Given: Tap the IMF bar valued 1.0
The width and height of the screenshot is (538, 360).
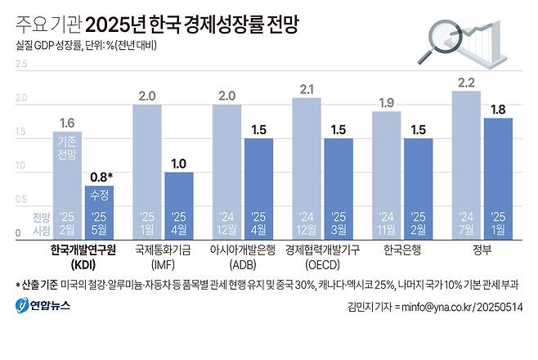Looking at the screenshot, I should tap(178, 205).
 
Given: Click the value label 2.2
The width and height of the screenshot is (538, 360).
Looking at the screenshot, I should tap(466, 83).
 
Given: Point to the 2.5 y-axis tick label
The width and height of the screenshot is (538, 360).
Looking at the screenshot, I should tap(21, 64).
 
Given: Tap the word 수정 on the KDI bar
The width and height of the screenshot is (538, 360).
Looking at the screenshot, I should tap(99, 197).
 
